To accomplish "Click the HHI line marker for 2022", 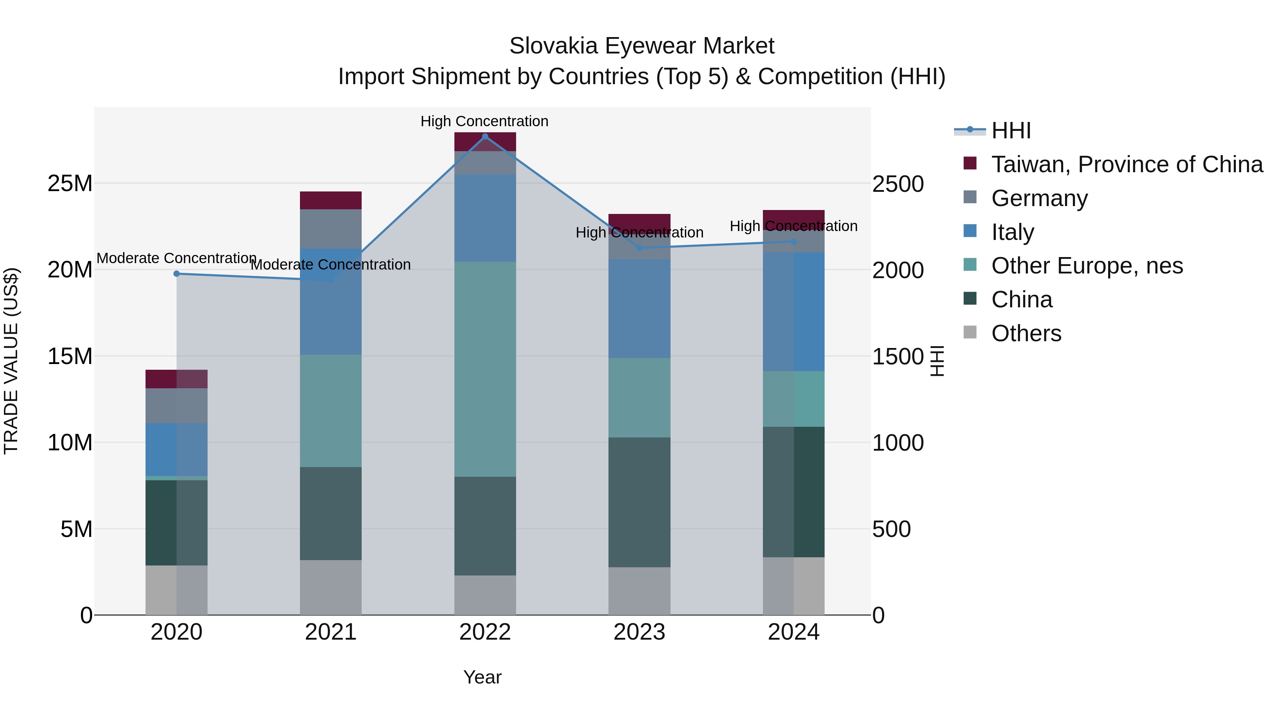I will (485, 137).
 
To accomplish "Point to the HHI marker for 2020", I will (177, 273).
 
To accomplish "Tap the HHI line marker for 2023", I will (640, 248).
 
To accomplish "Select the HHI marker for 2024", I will (794, 242).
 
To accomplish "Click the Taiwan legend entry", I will (1126, 164).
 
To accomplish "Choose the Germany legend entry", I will (1039, 198).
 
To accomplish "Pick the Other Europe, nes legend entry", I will (1087, 266).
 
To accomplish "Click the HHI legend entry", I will (1011, 130).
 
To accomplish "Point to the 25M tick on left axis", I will (70, 183).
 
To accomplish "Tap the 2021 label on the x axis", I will (331, 632).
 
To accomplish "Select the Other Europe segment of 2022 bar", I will (485, 369).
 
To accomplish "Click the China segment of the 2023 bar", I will (640, 502).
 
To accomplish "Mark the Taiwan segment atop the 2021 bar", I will (331, 200).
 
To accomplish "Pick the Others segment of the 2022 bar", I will (485, 595).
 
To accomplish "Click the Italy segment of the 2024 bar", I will (794, 311).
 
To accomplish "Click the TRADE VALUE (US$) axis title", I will (11, 361).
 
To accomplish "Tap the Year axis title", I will (482, 677).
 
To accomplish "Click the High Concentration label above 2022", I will (484, 121).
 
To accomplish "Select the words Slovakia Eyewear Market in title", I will (642, 46).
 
